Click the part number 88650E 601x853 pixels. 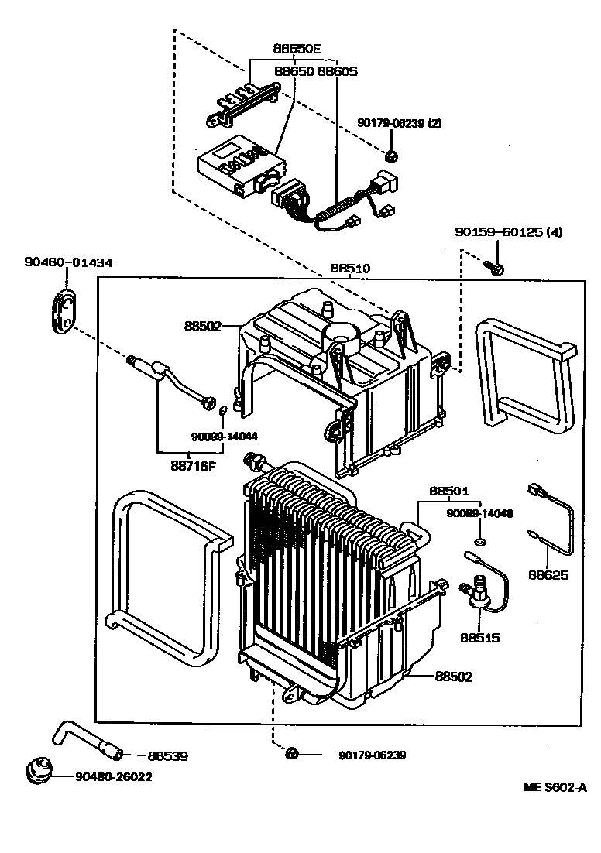(297, 48)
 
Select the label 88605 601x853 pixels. (338, 71)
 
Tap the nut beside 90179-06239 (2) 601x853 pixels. (393, 155)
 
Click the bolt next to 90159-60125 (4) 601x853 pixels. (496, 269)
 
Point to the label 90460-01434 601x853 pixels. (67, 262)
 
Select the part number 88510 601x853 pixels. (351, 269)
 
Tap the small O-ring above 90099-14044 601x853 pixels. (222, 409)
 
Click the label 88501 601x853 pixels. (449, 491)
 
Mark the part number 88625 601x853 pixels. (549, 574)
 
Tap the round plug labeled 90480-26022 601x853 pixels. (39, 770)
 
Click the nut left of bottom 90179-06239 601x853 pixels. (292, 753)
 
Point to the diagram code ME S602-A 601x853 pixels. (555, 788)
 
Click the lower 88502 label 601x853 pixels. (453, 676)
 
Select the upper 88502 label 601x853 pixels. (203, 327)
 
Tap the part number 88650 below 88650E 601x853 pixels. (294, 71)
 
